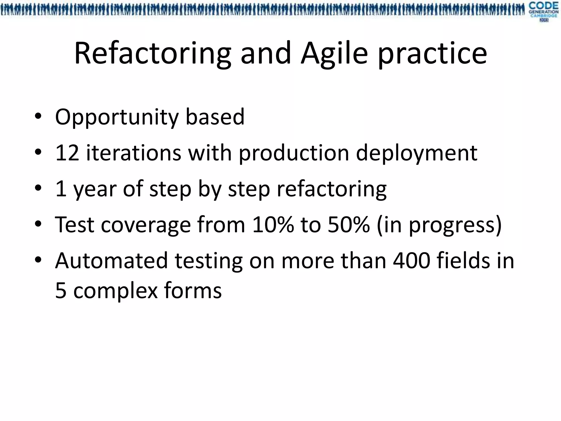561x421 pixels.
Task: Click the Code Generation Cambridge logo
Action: tap(543, 12)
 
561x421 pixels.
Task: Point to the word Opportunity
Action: tap(117, 117)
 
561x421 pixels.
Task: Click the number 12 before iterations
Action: tap(67, 153)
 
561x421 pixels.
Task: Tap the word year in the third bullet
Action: tap(94, 189)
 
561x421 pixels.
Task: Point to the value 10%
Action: tap(273, 225)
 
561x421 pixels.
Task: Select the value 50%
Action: tap(348, 225)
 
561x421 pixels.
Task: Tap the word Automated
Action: tap(111, 261)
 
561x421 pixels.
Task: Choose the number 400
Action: tap(411, 261)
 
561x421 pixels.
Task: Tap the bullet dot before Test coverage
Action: tap(38, 224)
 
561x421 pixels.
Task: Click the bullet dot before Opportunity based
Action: tap(38, 116)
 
